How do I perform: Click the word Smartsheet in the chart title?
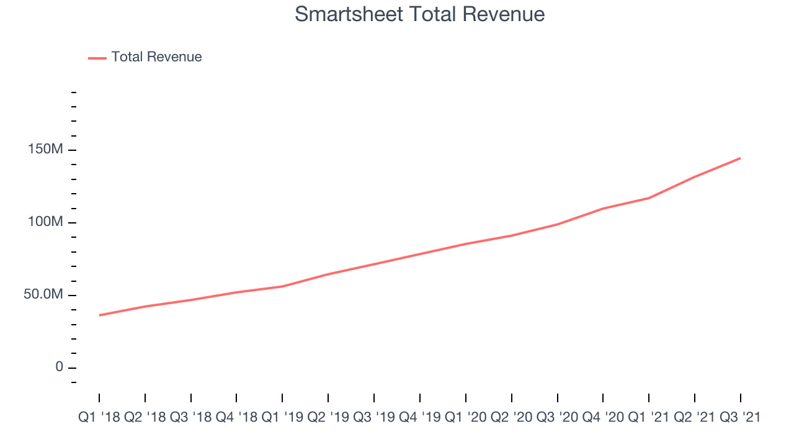click(x=349, y=14)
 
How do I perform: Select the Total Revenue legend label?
click(x=156, y=56)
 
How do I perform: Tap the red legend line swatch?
click(x=97, y=58)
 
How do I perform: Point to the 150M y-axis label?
click(x=45, y=149)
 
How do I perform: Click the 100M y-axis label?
click(x=45, y=222)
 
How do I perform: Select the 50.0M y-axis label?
click(x=43, y=294)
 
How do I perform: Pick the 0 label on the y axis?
click(x=59, y=367)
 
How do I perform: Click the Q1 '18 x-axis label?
click(x=99, y=417)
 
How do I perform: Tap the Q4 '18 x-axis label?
click(x=236, y=417)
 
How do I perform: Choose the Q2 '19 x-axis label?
click(x=328, y=417)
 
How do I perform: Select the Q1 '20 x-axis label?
click(x=465, y=417)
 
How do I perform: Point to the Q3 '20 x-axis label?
click(x=557, y=417)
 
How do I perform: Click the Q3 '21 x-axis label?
click(x=740, y=417)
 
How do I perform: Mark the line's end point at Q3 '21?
click(x=740, y=158)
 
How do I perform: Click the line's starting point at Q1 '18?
click(x=99, y=315)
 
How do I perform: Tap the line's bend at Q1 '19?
click(x=282, y=286)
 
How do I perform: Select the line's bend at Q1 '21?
click(x=649, y=198)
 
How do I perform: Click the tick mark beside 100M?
click(x=73, y=223)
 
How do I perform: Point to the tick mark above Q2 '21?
click(x=694, y=398)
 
